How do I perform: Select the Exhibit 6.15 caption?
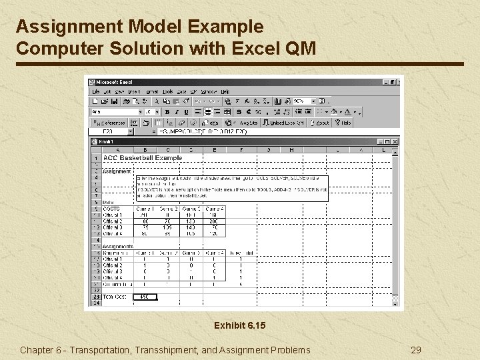(x=239, y=326)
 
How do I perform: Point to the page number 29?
(x=416, y=350)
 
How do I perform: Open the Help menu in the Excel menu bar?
(x=225, y=91)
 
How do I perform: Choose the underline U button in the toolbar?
(x=186, y=112)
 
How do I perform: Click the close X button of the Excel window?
(x=399, y=82)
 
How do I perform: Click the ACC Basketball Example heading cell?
(x=143, y=158)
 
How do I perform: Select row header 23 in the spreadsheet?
(x=96, y=297)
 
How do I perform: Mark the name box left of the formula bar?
(x=113, y=132)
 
